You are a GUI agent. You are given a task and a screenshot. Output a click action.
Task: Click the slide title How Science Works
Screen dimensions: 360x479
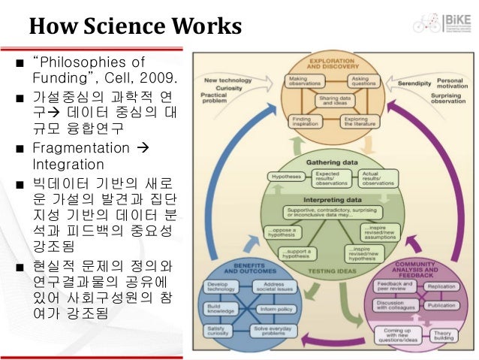tap(135, 28)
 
